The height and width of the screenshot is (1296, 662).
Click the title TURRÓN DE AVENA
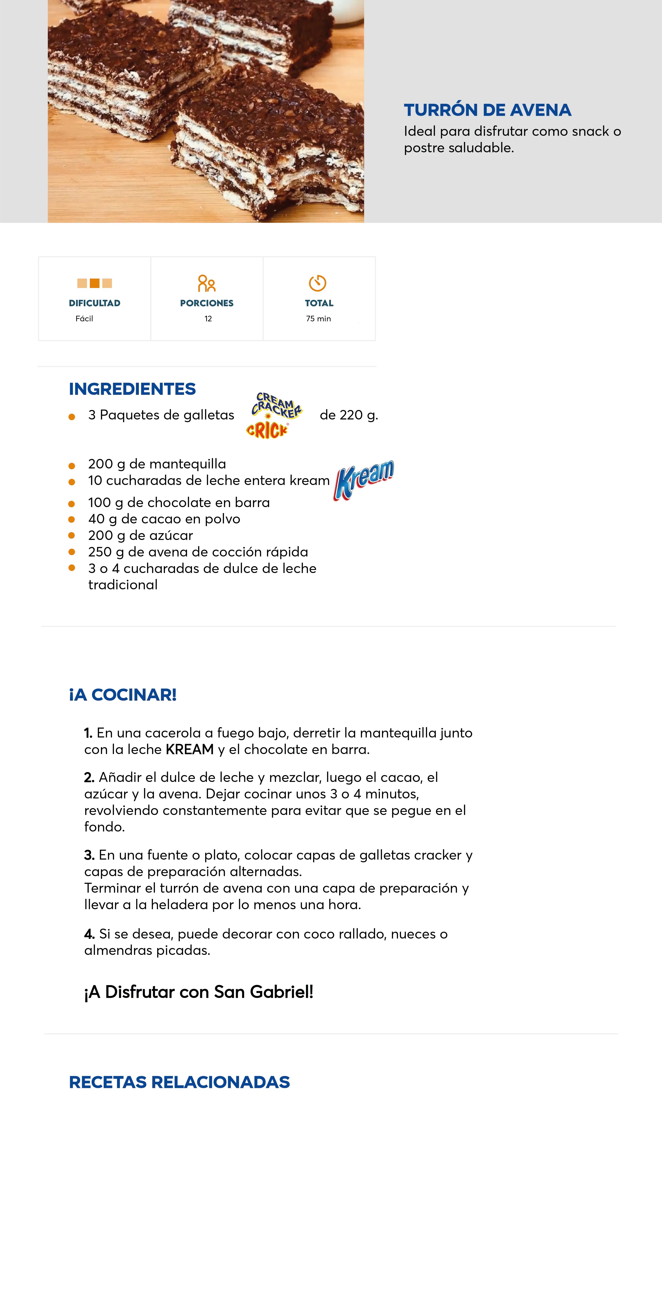487,110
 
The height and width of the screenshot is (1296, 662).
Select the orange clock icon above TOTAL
318,283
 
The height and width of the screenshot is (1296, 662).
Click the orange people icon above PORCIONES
206,284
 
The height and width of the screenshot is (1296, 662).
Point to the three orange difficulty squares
94,283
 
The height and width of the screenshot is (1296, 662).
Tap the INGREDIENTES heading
133,389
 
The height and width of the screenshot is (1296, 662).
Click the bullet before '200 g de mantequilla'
72,465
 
